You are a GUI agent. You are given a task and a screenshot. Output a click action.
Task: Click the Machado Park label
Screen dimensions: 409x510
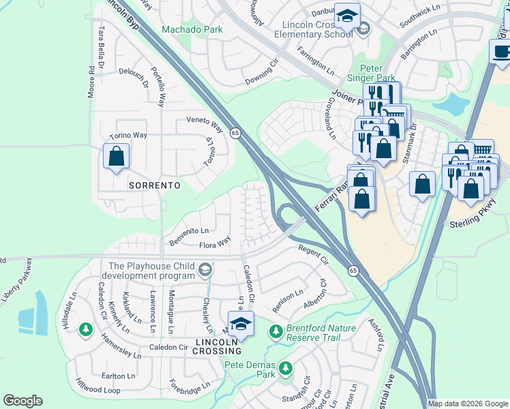pos(192,30)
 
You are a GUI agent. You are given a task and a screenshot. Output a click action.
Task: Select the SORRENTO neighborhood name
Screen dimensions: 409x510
pos(156,185)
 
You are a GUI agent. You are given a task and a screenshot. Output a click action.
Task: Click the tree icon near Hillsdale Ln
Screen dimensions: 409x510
pos(85,330)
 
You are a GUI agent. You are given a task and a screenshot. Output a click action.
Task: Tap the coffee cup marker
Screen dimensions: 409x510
pos(501,51)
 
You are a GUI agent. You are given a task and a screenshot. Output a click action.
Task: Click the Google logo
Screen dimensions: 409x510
pos(22,401)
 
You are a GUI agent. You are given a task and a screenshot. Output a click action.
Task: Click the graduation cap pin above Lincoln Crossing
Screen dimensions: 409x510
pos(241,324)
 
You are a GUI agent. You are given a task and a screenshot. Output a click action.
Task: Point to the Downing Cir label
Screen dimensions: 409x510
pos(262,72)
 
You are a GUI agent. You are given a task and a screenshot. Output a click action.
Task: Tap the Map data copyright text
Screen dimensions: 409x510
pos(468,404)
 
